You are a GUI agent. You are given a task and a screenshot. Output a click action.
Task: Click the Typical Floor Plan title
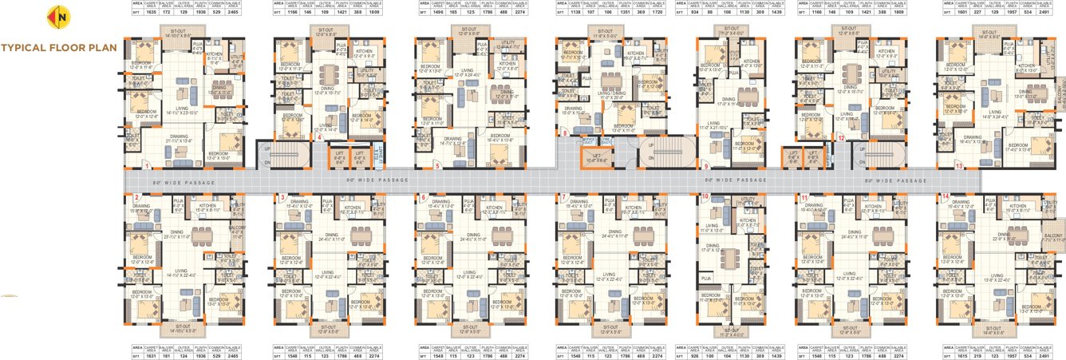pos(59,47)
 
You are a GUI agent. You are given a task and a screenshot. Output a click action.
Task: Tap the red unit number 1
pos(148,166)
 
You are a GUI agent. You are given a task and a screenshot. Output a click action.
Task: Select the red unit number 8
pos(564,133)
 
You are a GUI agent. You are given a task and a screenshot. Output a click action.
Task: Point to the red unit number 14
pos(946,196)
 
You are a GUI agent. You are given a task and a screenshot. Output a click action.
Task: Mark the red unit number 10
pos(705,196)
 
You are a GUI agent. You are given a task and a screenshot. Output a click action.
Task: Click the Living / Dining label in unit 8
pos(610,93)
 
